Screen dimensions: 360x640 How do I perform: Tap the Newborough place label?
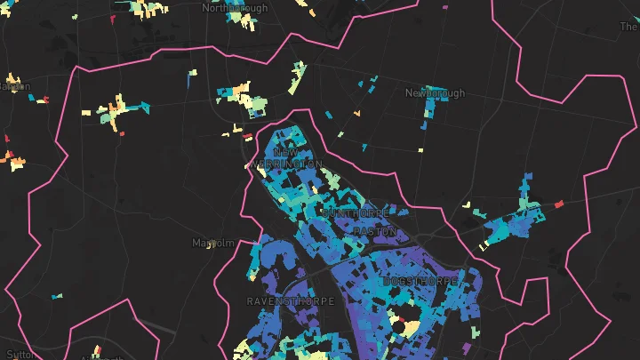click(x=435, y=92)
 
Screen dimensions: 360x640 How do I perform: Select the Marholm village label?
click(x=212, y=242)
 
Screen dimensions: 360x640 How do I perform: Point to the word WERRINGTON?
click(x=286, y=164)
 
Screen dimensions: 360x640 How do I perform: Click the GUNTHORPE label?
click(x=343, y=214)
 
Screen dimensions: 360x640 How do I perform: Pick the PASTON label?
click(x=369, y=230)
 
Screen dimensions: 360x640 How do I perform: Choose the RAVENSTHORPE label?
click(x=291, y=301)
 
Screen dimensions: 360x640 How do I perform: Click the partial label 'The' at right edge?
click(x=628, y=27)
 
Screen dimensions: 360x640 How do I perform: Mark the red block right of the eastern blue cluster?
click(x=559, y=204)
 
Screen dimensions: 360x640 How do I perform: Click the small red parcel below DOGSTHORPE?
click(x=402, y=318)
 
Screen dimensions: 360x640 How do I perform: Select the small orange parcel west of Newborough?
click(x=356, y=113)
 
